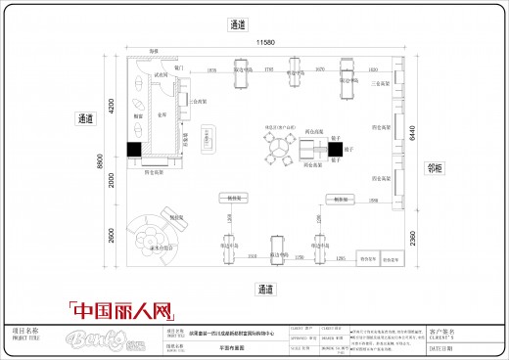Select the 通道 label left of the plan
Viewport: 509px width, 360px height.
[85, 118]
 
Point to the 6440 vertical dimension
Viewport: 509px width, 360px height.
[412, 129]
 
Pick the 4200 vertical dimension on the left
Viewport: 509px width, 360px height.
[112, 105]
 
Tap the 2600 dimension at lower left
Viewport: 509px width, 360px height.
[112, 238]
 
